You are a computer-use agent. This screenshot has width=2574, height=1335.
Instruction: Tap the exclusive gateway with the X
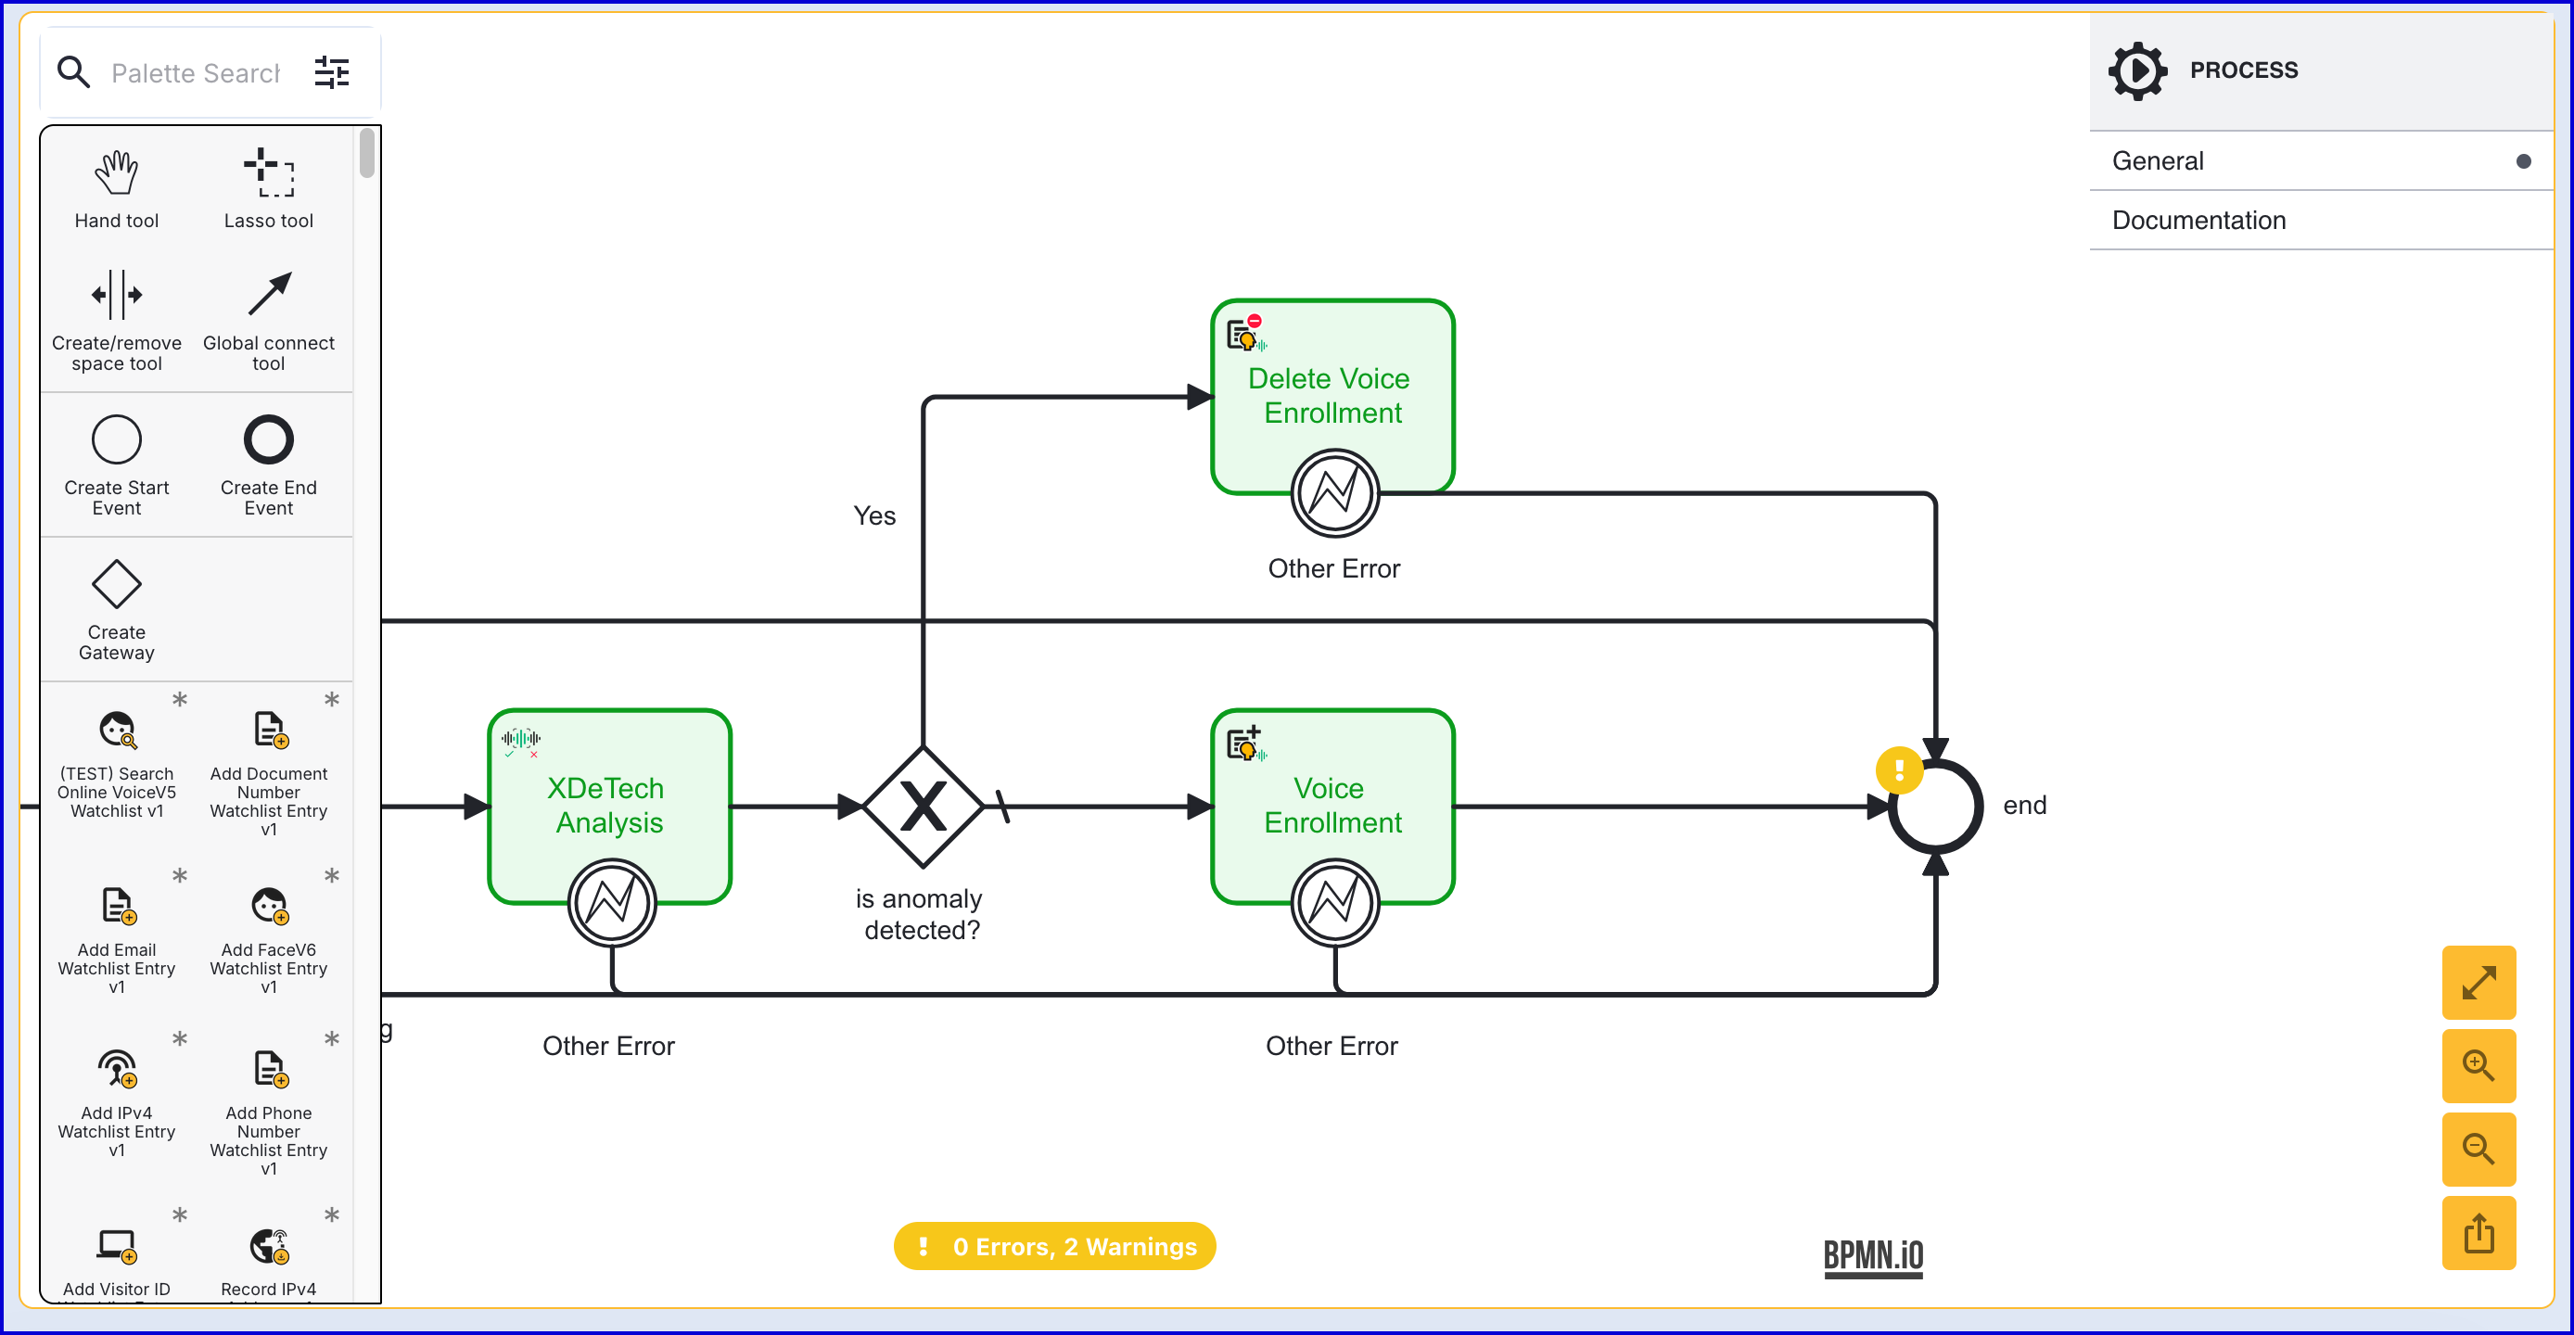[923, 807]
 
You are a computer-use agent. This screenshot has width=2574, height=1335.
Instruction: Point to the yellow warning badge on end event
[1899, 770]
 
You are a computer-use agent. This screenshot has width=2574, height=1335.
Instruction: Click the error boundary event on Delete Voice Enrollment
[1335, 492]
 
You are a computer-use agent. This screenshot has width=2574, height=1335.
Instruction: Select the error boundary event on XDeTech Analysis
[612, 902]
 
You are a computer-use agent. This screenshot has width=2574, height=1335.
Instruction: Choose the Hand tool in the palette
[117, 172]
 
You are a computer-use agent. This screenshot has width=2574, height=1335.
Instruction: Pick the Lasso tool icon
[269, 172]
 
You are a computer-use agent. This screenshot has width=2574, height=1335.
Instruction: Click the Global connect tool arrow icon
[269, 295]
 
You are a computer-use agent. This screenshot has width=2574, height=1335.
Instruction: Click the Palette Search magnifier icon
[73, 72]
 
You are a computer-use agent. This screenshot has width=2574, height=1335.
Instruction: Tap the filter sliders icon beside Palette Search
[332, 72]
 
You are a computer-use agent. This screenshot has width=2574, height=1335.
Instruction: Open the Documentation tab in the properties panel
[2198, 220]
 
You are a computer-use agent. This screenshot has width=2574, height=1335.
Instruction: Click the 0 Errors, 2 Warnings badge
[1054, 1246]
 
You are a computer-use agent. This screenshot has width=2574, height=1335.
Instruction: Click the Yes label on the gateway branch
[874, 515]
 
